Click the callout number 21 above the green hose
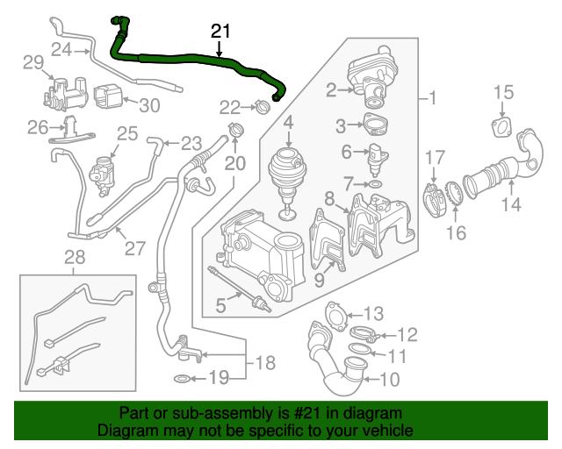[220, 32]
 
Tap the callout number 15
[502, 93]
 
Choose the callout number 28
[76, 256]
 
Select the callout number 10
[389, 380]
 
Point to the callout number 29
[32, 62]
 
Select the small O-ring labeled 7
[374, 185]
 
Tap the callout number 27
[134, 247]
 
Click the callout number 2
[332, 89]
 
